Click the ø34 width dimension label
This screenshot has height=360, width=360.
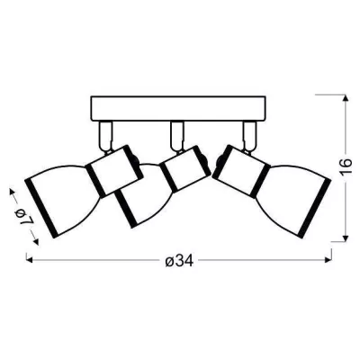pyautogui.click(x=179, y=261)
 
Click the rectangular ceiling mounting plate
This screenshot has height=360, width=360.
pyautogui.click(x=178, y=108)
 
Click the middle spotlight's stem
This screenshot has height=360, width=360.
pyautogui.click(x=176, y=136)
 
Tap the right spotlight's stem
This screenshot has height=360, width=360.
pyautogui.click(x=249, y=136)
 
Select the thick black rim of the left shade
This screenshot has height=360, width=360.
pyautogui.click(x=40, y=209)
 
